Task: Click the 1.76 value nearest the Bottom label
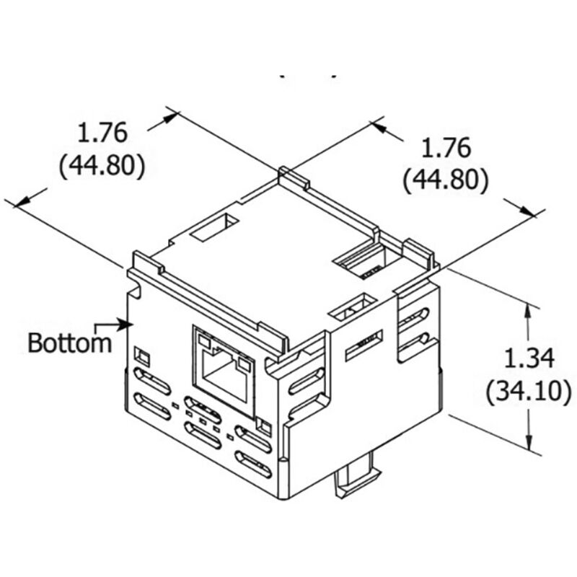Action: (103, 133)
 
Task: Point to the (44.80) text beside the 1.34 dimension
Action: (445, 180)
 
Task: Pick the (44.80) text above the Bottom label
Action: (102, 166)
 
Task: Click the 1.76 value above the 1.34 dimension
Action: (446, 148)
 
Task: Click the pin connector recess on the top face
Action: (364, 261)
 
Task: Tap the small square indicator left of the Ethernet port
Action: (142, 356)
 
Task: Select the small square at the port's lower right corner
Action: (263, 428)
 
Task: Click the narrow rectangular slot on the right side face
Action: (365, 347)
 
